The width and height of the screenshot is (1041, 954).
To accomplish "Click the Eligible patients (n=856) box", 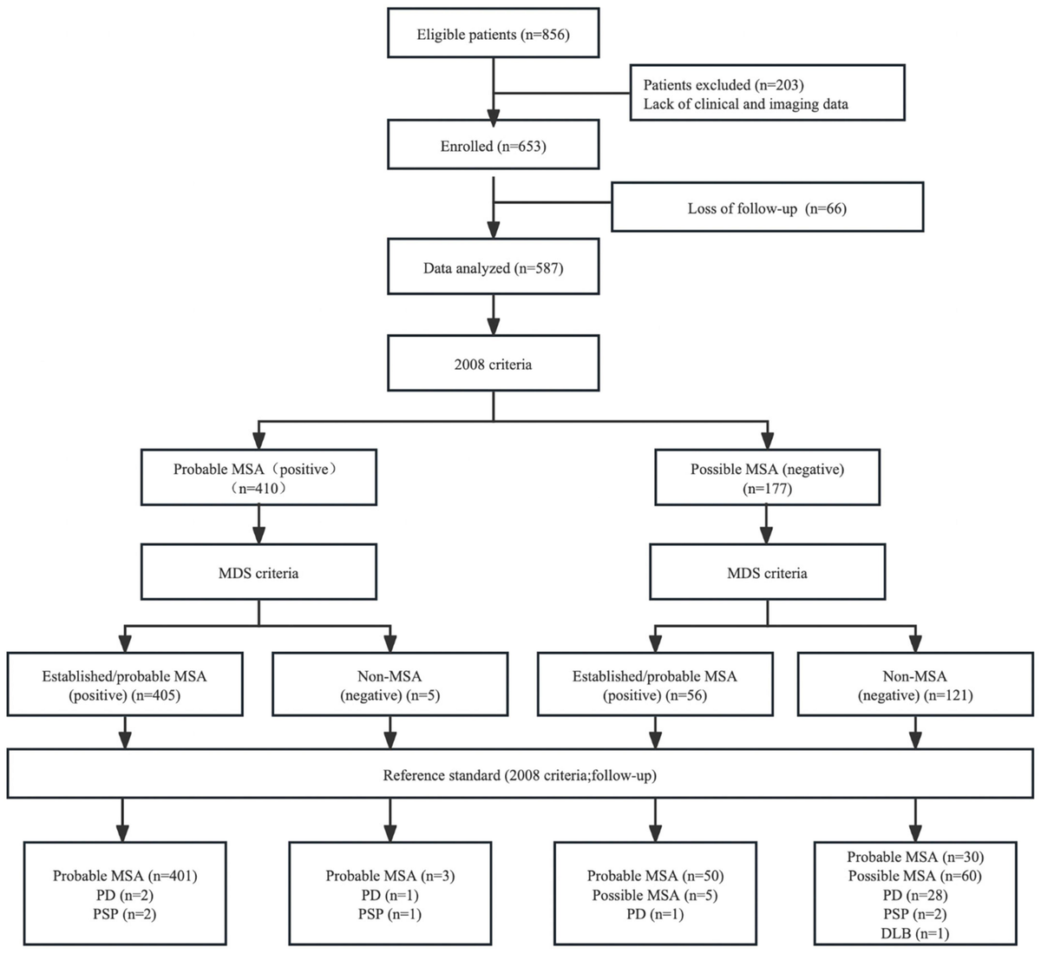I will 493,36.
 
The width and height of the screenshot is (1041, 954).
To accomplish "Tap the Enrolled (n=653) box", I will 493,147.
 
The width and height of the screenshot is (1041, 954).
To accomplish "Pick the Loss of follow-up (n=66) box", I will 767,208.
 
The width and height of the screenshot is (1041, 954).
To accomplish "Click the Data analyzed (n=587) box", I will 493,268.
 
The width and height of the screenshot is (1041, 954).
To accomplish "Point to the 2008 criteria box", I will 493,365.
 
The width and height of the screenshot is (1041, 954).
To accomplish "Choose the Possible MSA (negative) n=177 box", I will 767,478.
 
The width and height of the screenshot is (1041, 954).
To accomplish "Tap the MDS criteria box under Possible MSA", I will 767,573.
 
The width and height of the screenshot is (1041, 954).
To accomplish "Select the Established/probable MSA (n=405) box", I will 125,685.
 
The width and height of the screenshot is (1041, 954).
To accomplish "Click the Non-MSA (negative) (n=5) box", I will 390,685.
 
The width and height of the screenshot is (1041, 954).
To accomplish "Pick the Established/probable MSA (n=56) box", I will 654,685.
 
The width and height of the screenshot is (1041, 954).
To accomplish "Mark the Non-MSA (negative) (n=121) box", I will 915,685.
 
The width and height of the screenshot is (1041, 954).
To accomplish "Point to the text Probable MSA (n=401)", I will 125,876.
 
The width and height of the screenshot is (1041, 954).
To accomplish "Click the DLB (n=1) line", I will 914,933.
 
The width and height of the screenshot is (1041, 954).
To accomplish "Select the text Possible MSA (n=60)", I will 914,876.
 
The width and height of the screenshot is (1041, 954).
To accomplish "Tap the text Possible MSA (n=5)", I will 654,895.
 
